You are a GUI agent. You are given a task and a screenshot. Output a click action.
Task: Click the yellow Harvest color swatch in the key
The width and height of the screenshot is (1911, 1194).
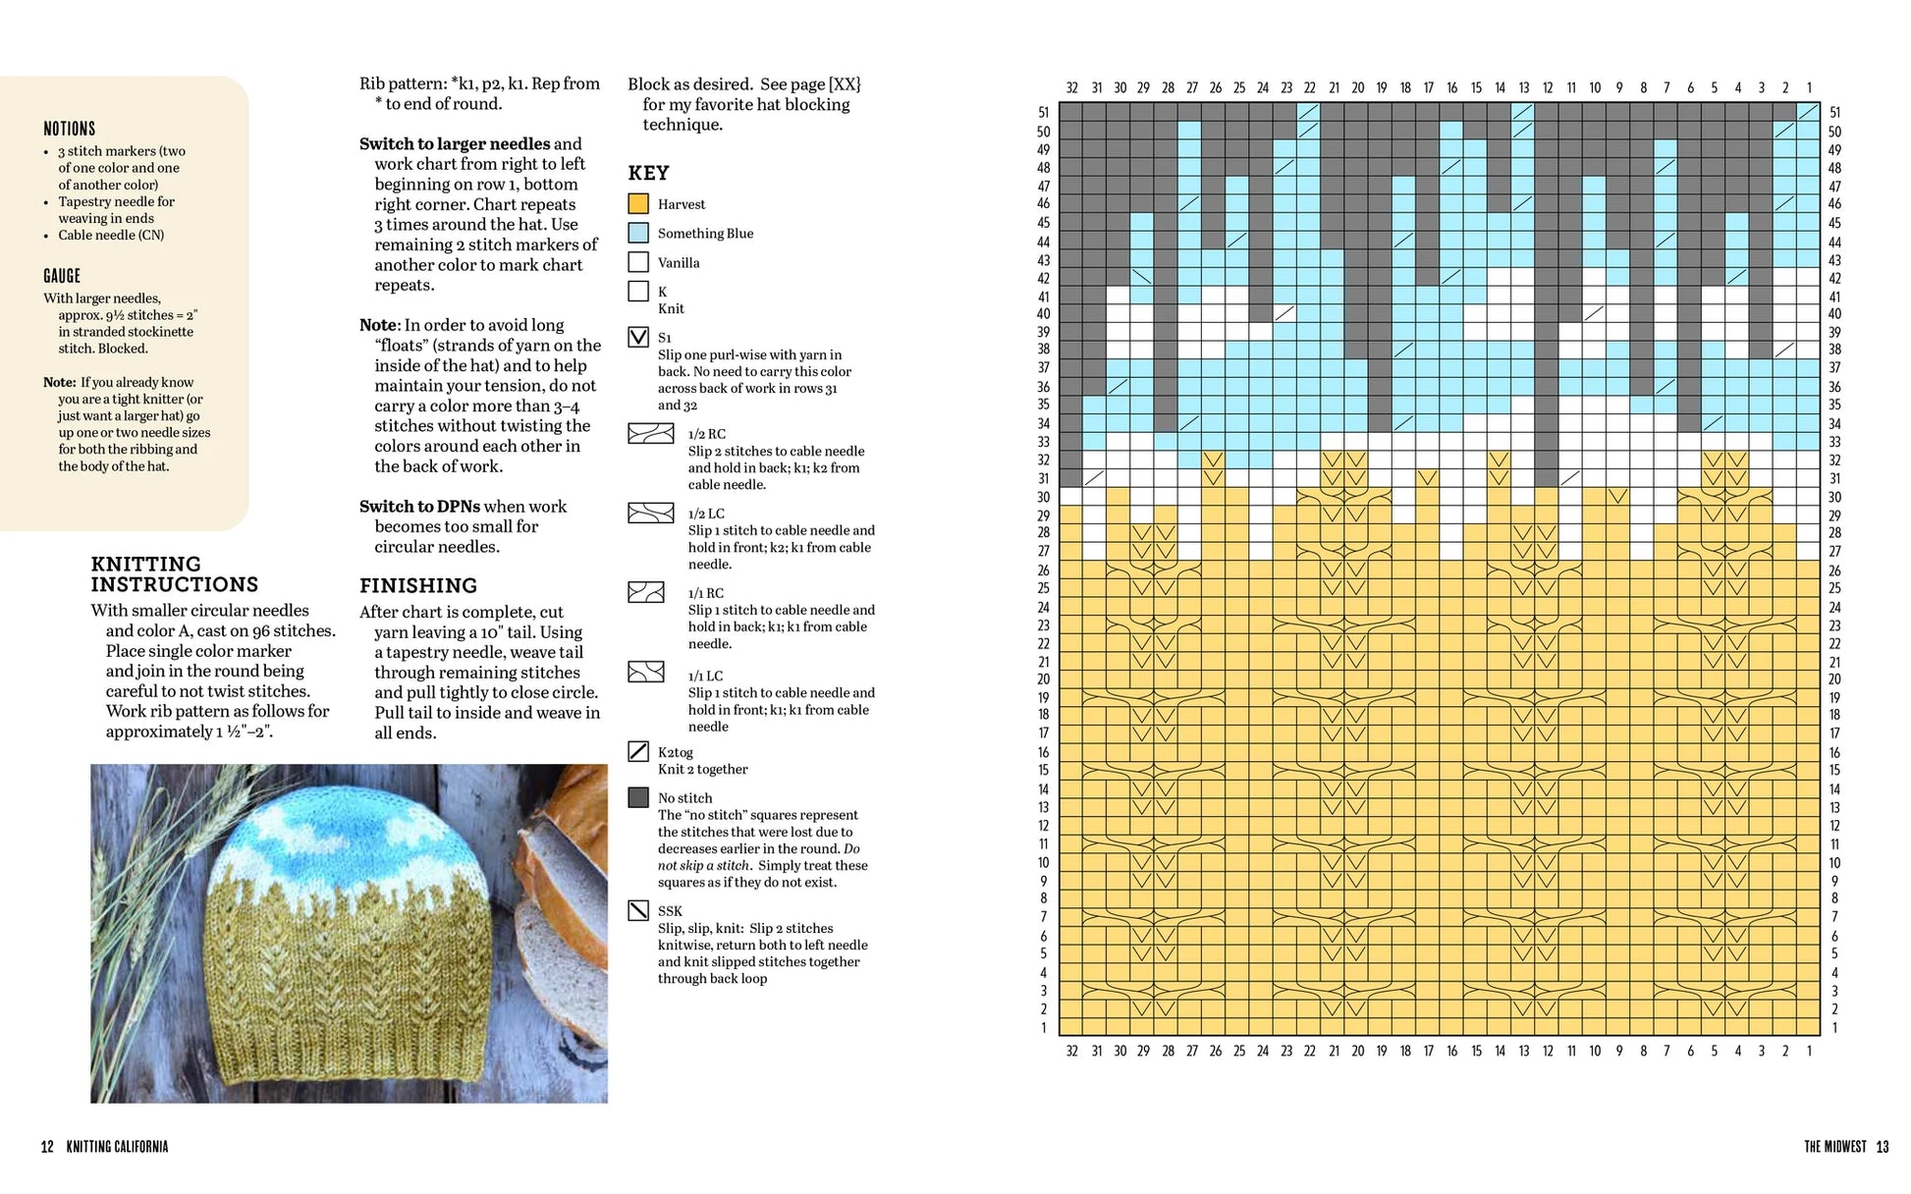pyautogui.click(x=638, y=204)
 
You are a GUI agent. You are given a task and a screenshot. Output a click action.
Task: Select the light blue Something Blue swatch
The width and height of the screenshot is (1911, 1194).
pyautogui.click(x=638, y=233)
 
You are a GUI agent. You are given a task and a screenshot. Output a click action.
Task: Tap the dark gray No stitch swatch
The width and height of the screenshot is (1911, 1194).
pyautogui.click(x=638, y=797)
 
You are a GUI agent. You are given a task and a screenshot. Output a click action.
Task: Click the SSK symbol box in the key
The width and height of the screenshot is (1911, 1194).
pyautogui.click(x=638, y=911)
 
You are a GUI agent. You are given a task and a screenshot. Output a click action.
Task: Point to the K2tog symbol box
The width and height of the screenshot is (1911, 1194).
pyautogui.click(x=638, y=752)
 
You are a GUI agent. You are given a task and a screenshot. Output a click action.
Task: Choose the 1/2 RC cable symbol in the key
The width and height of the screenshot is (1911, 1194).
pyautogui.click(x=651, y=434)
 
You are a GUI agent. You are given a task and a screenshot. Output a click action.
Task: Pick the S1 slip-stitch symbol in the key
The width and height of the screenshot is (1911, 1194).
pyautogui.click(x=638, y=338)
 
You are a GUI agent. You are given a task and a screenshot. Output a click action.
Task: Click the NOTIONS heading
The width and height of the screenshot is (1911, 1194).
pyautogui.click(x=69, y=129)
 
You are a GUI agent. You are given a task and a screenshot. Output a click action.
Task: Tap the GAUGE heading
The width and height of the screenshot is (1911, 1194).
pyautogui.click(x=62, y=276)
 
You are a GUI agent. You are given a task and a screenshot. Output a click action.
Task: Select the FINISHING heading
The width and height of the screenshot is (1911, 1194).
pyautogui.click(x=418, y=586)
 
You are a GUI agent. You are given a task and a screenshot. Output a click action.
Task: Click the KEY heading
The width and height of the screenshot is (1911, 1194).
pyautogui.click(x=648, y=174)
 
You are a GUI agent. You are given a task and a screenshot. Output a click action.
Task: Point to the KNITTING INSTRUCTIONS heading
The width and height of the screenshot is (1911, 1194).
pyautogui.click(x=175, y=574)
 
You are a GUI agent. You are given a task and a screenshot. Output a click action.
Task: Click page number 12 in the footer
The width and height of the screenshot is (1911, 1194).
pyautogui.click(x=47, y=1147)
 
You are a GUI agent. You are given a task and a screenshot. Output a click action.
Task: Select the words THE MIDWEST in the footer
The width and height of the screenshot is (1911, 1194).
pyautogui.click(x=1834, y=1147)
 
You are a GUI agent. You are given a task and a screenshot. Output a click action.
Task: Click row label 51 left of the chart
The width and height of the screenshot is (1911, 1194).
pyautogui.click(x=1043, y=113)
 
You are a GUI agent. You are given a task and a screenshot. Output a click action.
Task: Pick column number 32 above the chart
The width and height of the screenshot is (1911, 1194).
pyautogui.click(x=1071, y=88)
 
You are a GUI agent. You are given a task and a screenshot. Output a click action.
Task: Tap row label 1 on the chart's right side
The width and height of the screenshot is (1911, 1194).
pyautogui.click(x=1834, y=1028)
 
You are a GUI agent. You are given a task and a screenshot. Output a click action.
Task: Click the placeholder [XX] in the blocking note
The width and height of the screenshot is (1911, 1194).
pyautogui.click(x=845, y=84)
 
